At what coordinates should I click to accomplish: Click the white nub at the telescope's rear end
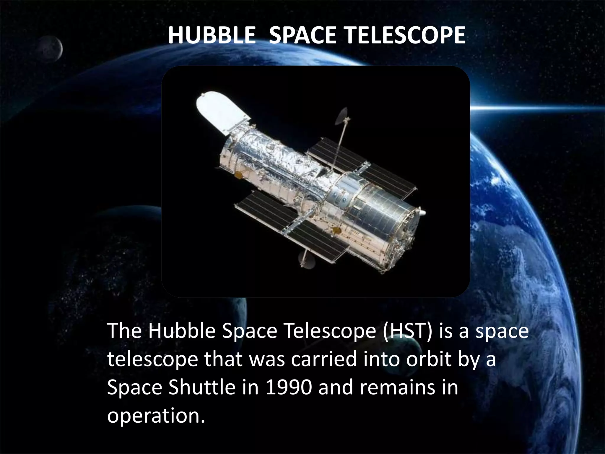pyautogui.click(x=423, y=212)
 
